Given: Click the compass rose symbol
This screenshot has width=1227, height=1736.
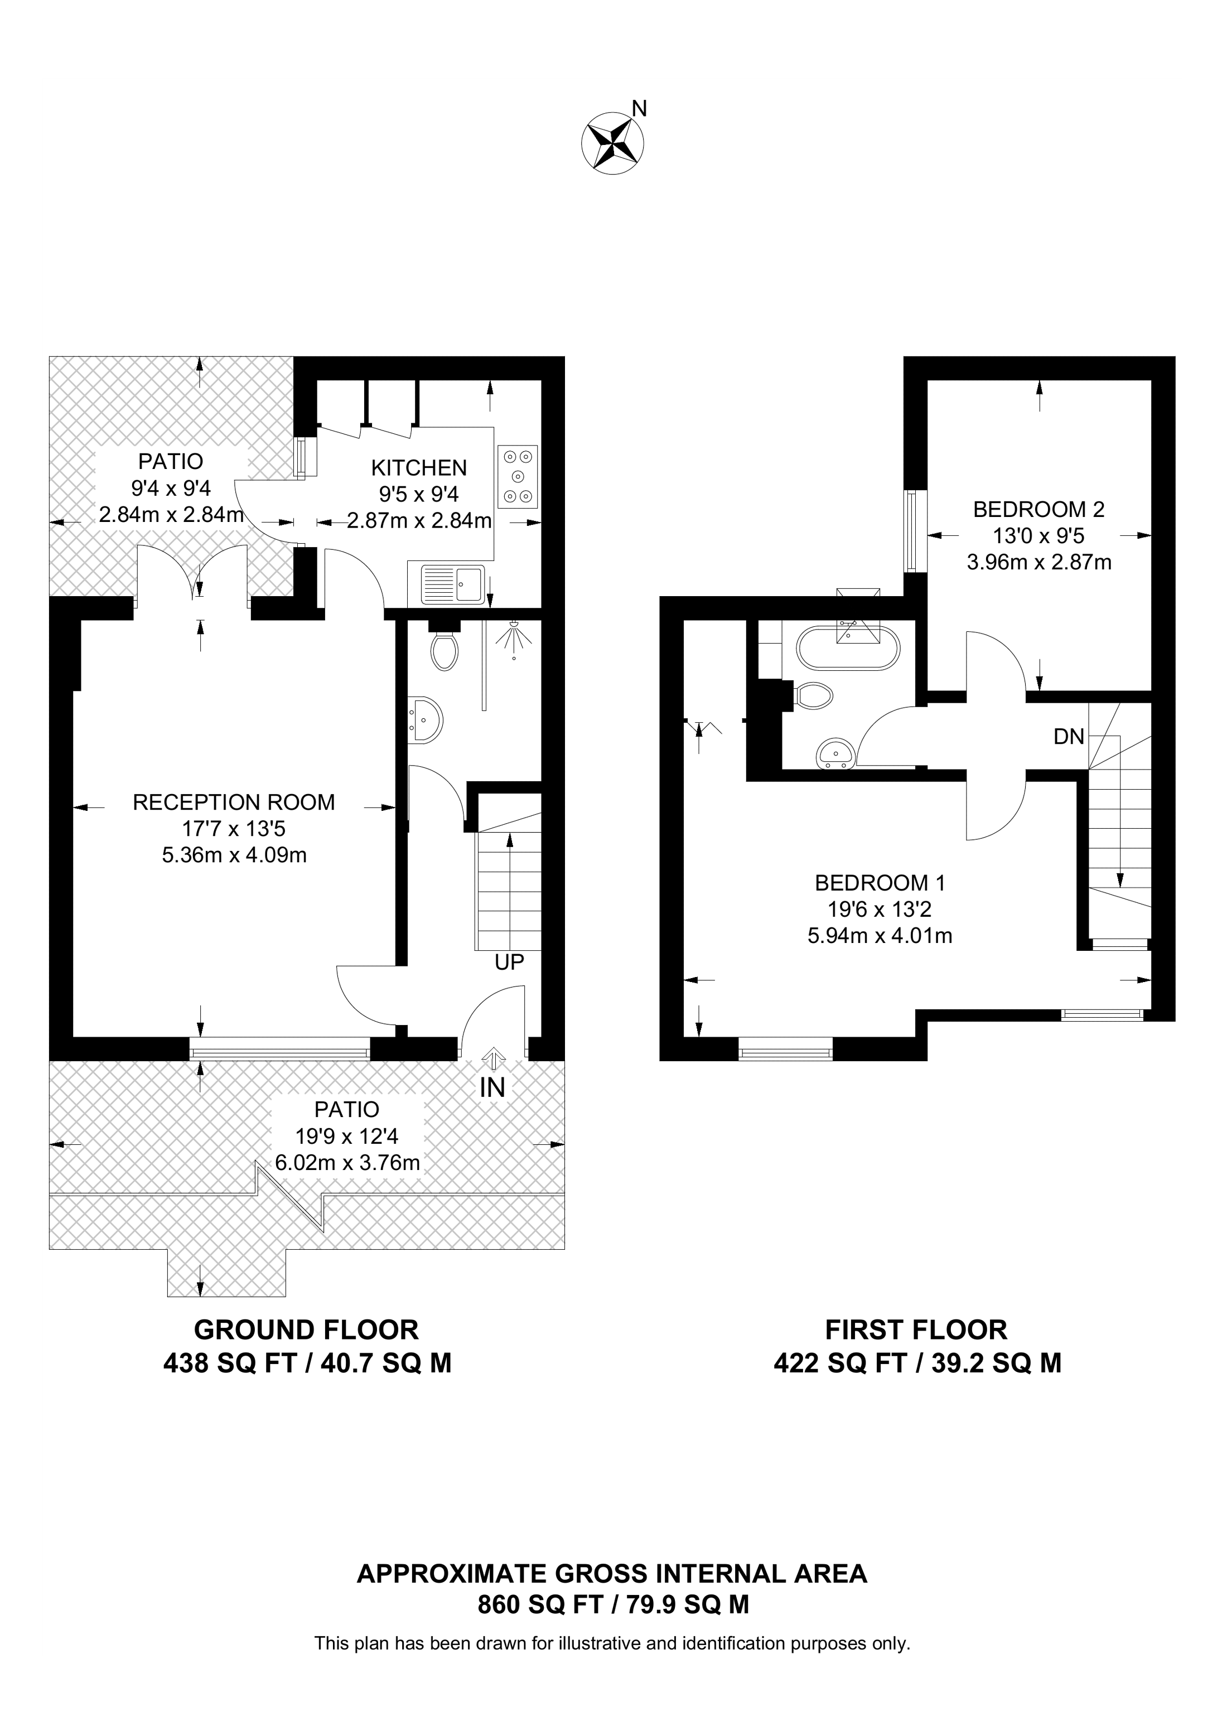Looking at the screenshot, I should pos(612,142).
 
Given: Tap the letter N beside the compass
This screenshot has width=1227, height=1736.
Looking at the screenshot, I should pos(640,109).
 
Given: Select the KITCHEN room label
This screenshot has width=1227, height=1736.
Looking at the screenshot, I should pos(419,467).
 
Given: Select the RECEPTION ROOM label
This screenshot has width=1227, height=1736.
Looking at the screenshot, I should pos(234,802).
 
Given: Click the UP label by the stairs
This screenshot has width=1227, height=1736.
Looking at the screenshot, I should pos(509,962).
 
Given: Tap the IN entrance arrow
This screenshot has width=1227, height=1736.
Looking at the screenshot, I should pos(493,1058).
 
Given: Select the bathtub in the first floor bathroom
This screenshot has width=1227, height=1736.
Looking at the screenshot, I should pos(848,647).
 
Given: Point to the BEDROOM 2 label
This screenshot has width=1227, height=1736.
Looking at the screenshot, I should pos(1038,509).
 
